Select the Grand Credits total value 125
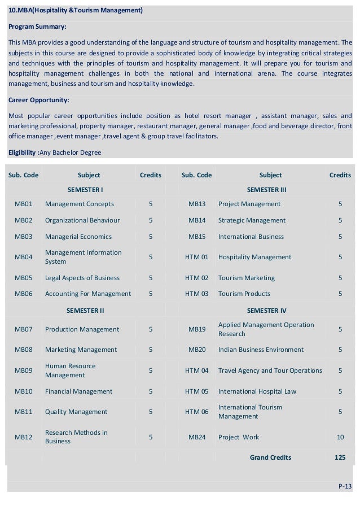click(x=340, y=457)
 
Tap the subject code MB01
click(x=24, y=204)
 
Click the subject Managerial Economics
click(x=78, y=237)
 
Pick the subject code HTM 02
click(x=197, y=278)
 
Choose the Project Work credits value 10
click(x=340, y=437)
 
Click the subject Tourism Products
click(x=244, y=294)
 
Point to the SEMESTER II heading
click(x=85, y=310)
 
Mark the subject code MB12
click(x=24, y=437)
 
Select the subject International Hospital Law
click(x=257, y=391)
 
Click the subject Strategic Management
click(x=252, y=220)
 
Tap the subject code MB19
click(x=197, y=329)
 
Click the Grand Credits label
click(x=270, y=457)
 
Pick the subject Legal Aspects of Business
click(x=82, y=278)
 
